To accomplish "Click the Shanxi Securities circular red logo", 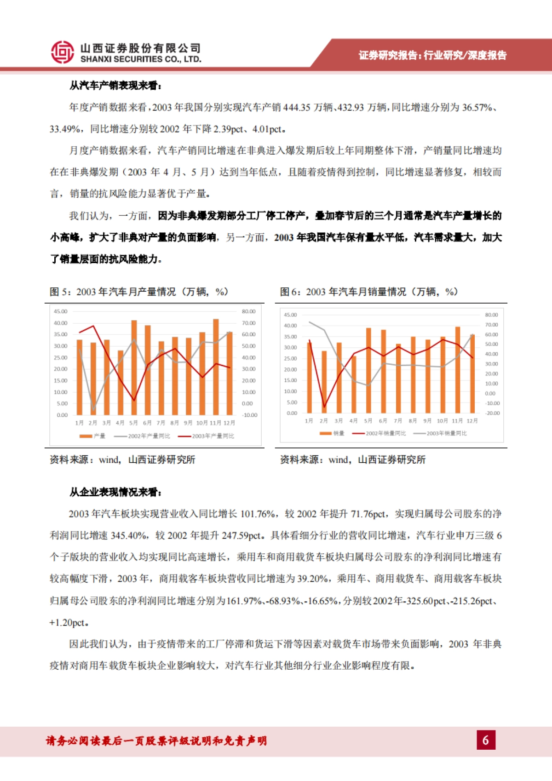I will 62,52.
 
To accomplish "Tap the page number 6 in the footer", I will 486,740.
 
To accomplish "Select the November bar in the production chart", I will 216,367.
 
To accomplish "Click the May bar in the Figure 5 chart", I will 134,368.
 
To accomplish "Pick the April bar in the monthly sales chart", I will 353,384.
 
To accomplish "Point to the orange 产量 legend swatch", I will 86,436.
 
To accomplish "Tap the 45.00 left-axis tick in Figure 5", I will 60,311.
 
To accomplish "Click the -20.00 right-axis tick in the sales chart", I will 492,413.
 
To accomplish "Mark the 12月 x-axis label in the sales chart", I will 472,421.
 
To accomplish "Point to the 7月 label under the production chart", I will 161,423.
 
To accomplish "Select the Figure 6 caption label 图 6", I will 290,292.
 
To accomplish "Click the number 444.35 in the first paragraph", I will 297,107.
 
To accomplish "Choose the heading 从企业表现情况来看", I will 115,492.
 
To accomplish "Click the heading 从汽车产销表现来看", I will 115,86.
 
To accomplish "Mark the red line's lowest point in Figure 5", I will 134,400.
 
